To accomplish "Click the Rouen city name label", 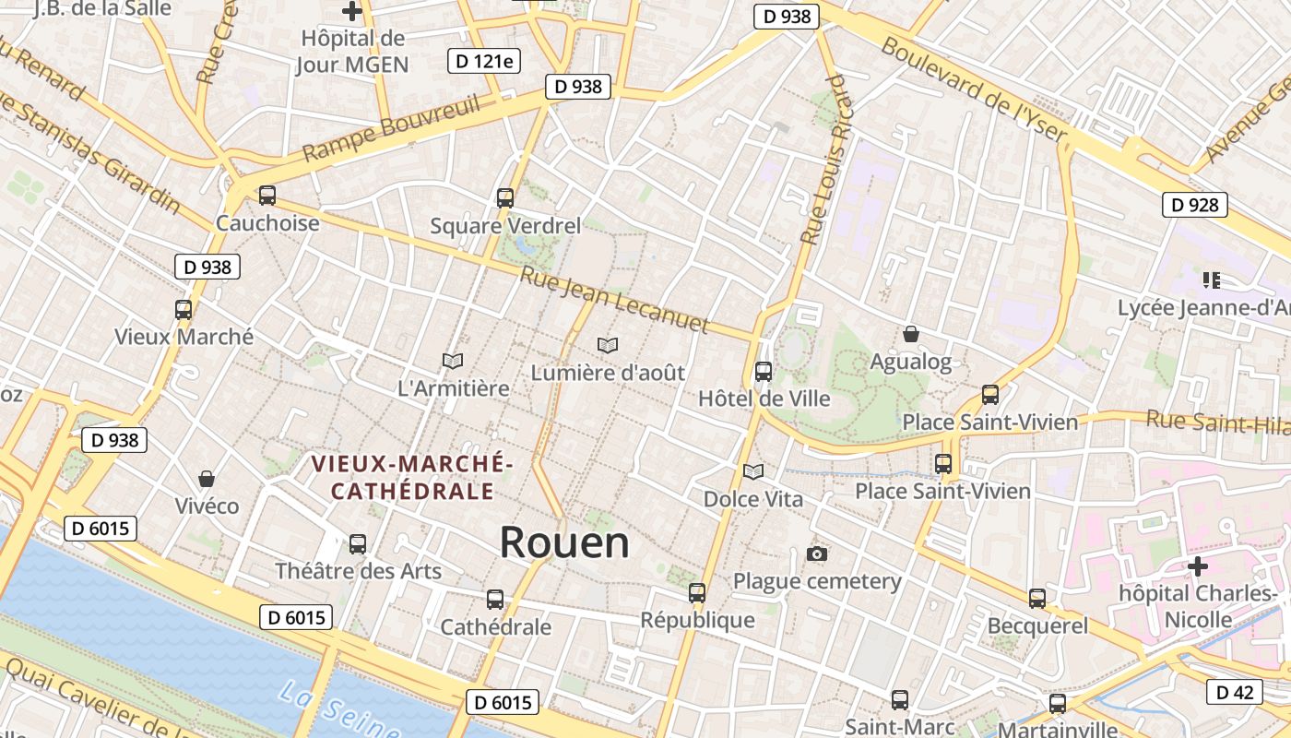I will coord(564,542).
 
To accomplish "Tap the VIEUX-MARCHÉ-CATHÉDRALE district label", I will coord(411,477).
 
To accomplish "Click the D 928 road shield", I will coord(1194,205).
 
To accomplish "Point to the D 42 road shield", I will coord(1234,692).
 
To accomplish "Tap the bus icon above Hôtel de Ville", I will coord(764,372).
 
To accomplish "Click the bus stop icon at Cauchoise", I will coord(267,196).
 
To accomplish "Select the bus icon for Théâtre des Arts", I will coord(358,544).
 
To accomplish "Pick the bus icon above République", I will coord(697,593).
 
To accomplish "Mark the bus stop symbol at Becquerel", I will coord(1037,599).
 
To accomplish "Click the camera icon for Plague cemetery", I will coord(816,553).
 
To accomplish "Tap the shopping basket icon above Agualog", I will coord(911,334).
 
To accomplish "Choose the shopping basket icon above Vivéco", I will coord(207,479).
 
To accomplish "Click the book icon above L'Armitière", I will coord(452,361).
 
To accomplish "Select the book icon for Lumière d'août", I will coord(607,345).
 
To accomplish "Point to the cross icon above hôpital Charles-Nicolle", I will coord(1197,565).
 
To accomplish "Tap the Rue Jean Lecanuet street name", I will coord(614,300).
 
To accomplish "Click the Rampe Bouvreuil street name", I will coord(391,128).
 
